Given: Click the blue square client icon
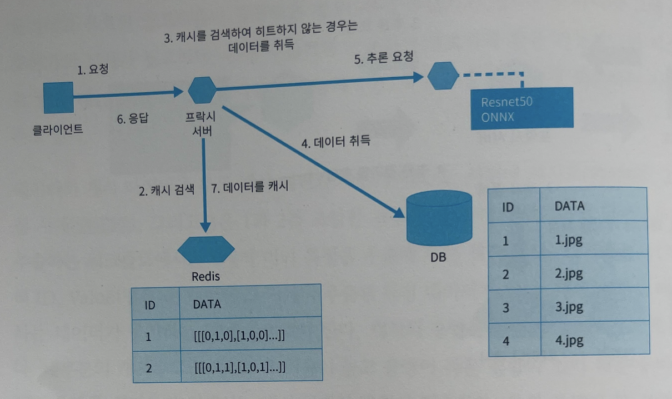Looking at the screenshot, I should point(58,99).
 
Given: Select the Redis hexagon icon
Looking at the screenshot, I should point(206,249).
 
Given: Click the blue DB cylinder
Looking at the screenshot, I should point(439,220).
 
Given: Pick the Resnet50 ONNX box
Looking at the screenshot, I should point(521,108).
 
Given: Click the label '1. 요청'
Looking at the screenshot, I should point(92,69).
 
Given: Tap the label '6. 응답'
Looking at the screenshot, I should point(133,119).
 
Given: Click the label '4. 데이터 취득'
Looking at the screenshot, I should point(335,142).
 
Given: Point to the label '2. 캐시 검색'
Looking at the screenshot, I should point(167,189).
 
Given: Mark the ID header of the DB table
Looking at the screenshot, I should point(508,207).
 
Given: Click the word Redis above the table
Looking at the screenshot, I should point(205,276).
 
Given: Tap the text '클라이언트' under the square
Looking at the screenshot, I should point(58,130).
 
